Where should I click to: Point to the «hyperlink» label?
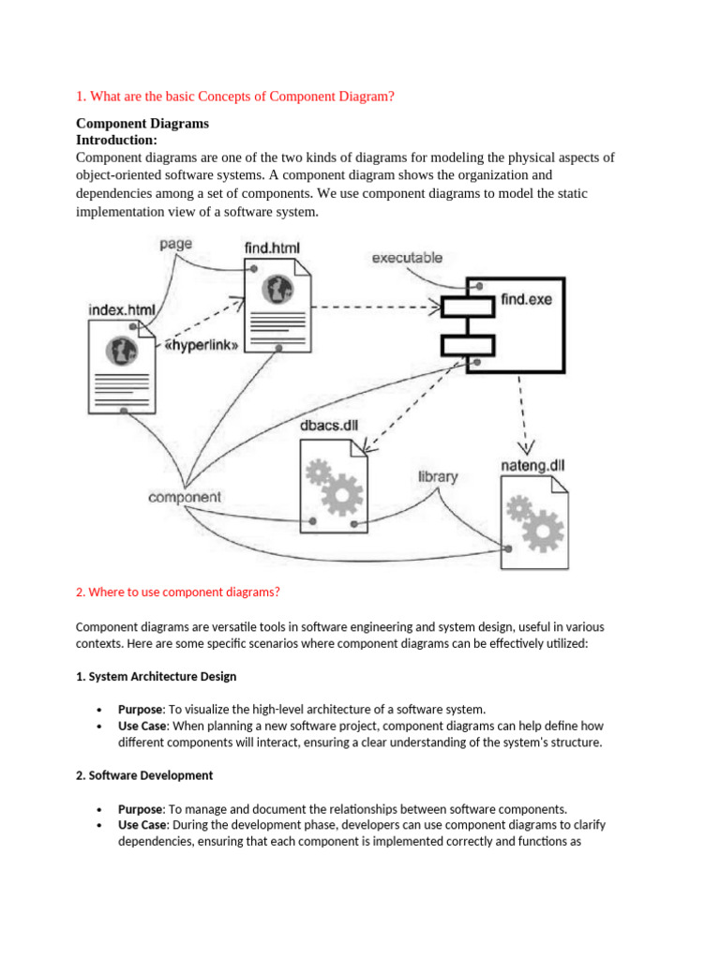202,344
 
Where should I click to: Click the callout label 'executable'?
408,257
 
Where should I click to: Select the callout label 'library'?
438,476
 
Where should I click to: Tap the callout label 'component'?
185,497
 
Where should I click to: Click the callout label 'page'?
175,244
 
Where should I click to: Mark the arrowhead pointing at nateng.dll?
528,444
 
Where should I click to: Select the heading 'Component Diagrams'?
142,123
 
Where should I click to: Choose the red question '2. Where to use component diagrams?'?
177,592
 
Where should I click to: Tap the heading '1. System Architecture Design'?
156,676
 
